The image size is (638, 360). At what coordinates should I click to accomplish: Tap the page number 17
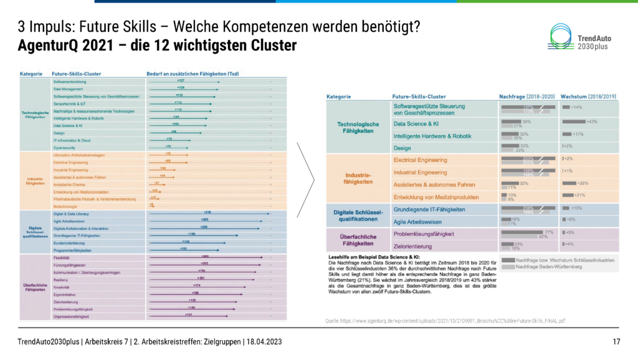pos(616,341)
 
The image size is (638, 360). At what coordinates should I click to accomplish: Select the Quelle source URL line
pos(445,320)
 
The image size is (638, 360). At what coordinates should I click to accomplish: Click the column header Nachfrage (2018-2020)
pos(526,97)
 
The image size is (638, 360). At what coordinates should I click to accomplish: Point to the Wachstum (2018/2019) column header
pos(588,97)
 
